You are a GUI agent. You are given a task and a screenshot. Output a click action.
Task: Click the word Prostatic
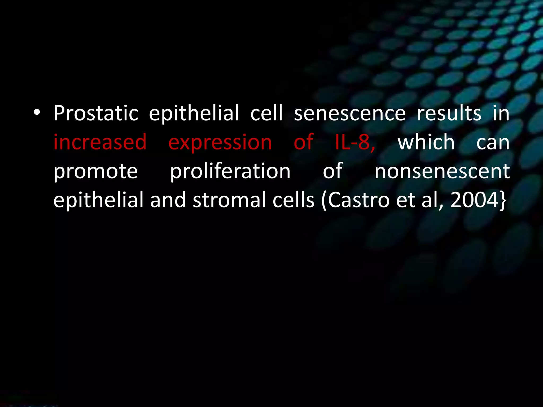click(96, 113)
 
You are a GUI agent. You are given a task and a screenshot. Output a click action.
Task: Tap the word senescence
click(349, 113)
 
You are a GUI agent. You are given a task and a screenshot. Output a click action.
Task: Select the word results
click(449, 113)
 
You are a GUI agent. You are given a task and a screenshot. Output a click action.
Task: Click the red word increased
click(100, 142)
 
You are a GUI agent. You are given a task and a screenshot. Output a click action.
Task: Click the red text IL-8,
click(355, 142)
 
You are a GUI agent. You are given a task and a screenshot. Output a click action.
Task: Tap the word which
click(426, 142)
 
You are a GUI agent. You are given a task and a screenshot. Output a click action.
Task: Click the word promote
click(95, 172)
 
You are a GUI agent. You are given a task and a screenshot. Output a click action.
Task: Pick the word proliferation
click(230, 172)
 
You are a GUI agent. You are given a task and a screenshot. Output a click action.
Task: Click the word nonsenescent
click(442, 171)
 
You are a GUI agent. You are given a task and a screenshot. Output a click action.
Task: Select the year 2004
click(474, 200)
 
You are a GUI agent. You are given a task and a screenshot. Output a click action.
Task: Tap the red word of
click(304, 142)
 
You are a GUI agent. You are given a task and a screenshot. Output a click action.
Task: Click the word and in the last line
click(168, 200)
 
